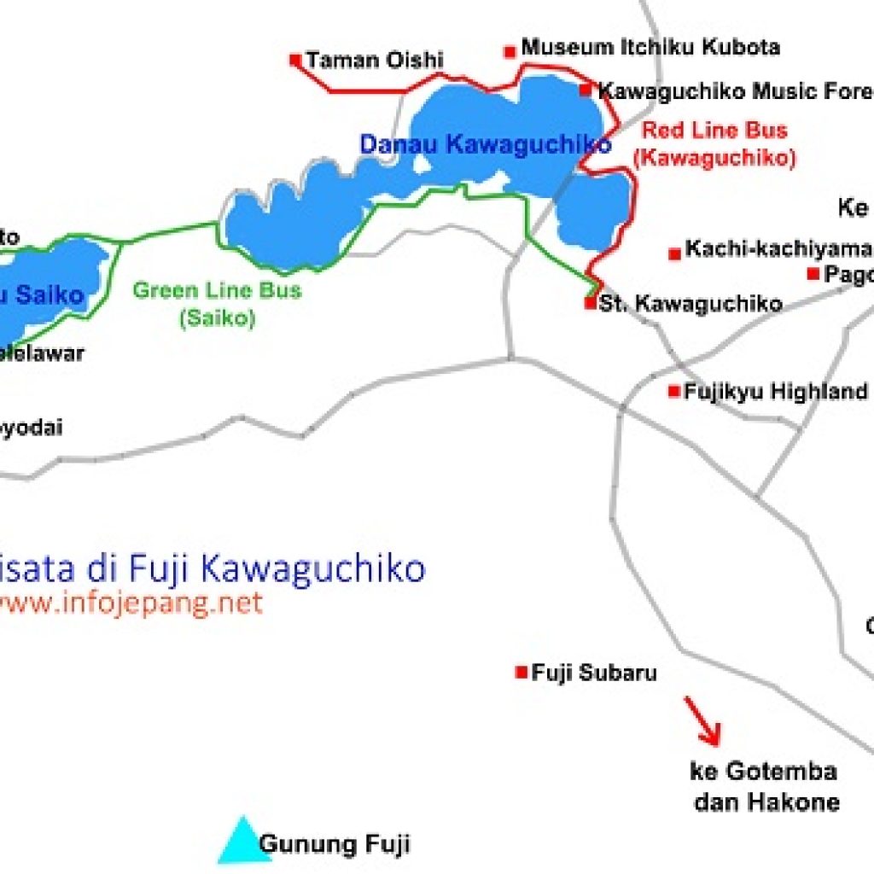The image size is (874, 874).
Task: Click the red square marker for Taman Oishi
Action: coord(295,60)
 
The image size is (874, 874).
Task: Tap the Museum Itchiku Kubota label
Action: coord(650,48)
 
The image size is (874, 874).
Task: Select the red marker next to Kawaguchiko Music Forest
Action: coord(586,90)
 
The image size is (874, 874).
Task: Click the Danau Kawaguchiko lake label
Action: coord(485,144)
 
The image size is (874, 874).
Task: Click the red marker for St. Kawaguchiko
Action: coord(590,303)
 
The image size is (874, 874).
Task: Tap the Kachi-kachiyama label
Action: coord(778,249)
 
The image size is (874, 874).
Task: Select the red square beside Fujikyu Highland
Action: coord(674,392)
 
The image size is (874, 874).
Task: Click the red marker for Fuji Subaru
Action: coord(521,673)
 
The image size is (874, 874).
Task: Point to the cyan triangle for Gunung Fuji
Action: coord(244,842)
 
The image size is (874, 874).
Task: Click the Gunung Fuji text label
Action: coord(335,845)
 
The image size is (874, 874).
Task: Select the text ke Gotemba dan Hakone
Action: coord(765,786)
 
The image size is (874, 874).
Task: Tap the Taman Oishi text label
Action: coord(375,61)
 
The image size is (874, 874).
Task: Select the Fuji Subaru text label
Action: coord(594,673)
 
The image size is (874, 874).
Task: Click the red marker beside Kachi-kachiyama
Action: coord(675,253)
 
